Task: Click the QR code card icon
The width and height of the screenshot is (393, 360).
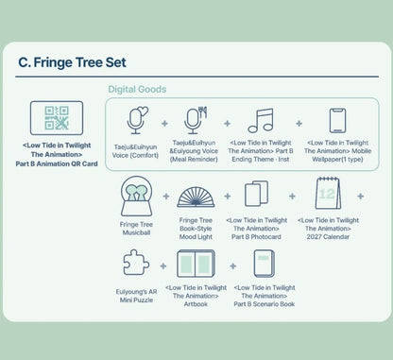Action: [x=57, y=118]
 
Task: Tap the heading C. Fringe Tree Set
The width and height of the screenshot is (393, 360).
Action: [x=72, y=62]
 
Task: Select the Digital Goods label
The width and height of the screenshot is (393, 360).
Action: [x=137, y=89]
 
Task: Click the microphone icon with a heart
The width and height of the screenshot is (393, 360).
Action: [x=137, y=120]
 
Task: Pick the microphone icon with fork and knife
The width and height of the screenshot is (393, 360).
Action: [x=196, y=120]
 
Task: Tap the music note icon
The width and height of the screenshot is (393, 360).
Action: [x=261, y=121]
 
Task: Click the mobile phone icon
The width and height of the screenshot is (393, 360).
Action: [x=337, y=121]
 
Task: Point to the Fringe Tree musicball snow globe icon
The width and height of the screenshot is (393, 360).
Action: [x=136, y=196]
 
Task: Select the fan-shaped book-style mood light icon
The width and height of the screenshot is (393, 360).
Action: [x=196, y=197]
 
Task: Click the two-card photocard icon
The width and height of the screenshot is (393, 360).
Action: [x=256, y=194]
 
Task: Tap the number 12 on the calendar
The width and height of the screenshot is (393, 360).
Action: [x=326, y=194]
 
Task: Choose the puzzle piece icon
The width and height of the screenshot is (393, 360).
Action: [x=136, y=263]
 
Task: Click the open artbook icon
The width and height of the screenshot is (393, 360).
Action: [x=196, y=264]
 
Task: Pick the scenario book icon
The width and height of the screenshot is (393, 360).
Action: [x=265, y=264]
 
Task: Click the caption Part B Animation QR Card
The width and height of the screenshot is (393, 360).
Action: [x=57, y=163]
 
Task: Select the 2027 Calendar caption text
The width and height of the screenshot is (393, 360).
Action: [x=328, y=237]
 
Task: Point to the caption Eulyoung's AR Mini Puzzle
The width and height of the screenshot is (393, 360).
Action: [x=136, y=296]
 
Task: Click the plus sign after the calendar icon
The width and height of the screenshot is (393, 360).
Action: [x=361, y=197]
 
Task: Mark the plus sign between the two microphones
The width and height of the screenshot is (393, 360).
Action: [x=164, y=124]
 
